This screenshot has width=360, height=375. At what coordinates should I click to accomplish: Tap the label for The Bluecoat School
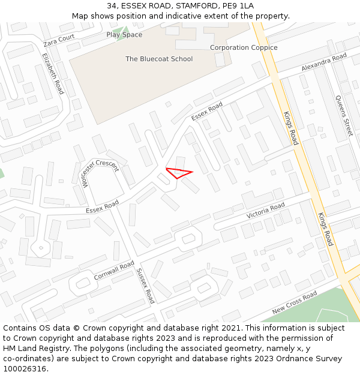click(x=159, y=59)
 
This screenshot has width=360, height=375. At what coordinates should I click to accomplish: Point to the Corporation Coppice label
click(x=244, y=47)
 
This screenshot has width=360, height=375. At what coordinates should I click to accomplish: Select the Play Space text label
click(x=124, y=35)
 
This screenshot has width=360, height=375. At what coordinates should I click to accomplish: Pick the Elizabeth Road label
click(x=53, y=73)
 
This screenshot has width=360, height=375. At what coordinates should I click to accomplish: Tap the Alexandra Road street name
click(x=324, y=62)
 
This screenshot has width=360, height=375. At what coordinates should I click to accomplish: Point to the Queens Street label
click(x=344, y=116)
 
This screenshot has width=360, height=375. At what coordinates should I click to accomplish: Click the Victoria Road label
click(x=266, y=211)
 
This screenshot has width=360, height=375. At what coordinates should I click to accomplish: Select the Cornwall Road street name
click(x=114, y=271)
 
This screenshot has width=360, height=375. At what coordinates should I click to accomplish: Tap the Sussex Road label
click(x=146, y=285)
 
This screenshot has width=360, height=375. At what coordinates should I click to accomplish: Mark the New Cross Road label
click(x=294, y=302)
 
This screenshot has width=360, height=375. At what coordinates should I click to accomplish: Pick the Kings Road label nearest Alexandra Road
click(x=291, y=128)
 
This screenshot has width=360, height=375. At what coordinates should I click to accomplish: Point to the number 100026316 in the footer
click(x=24, y=368)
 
